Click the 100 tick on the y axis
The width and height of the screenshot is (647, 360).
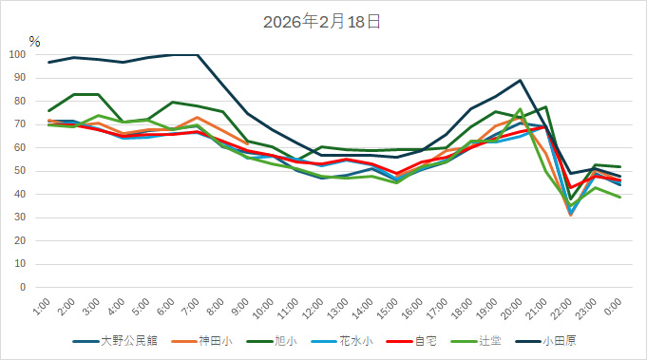click(19, 55)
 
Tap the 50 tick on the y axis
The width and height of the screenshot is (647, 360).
click(22, 171)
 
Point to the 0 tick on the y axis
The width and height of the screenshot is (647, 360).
click(26, 287)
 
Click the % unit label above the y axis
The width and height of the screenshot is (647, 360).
click(34, 41)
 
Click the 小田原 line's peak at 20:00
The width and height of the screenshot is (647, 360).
click(520, 81)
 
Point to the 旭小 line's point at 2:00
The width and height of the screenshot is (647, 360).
click(74, 94)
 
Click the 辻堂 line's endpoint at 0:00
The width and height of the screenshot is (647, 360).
click(620, 197)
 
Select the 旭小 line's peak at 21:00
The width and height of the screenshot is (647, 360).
click(545, 107)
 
